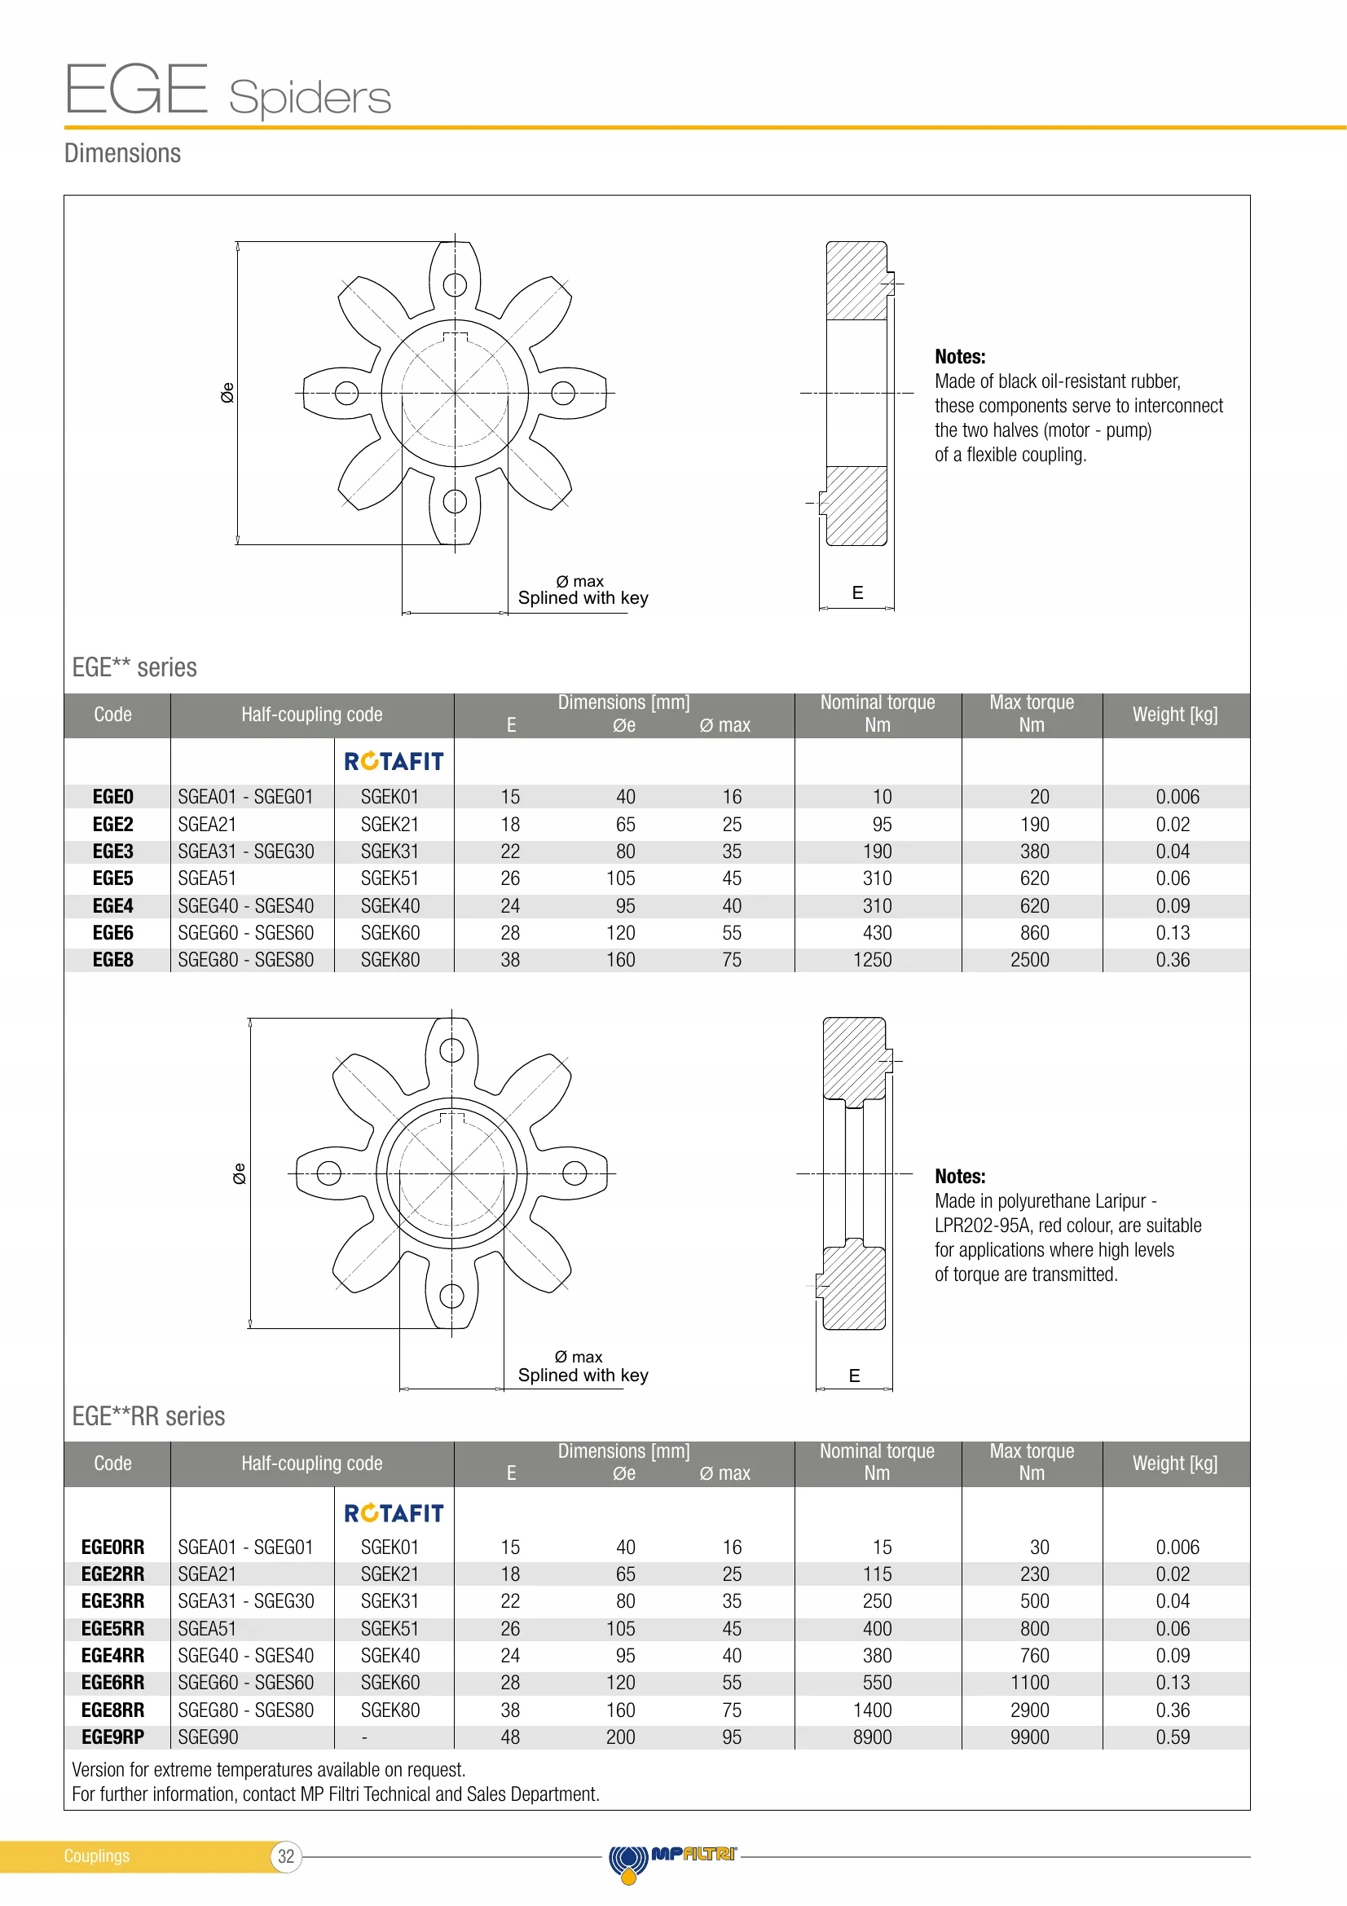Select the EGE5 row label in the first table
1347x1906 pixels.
[113, 878]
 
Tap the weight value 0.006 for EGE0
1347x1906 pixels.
[1177, 797]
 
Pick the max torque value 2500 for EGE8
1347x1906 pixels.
[1029, 960]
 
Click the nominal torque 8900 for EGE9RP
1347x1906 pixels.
[872, 1737]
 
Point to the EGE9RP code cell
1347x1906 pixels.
[113, 1737]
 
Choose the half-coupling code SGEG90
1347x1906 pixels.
[209, 1737]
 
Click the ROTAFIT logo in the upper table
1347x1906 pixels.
[394, 761]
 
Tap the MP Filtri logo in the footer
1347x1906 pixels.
[672, 1857]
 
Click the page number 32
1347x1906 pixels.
[286, 1856]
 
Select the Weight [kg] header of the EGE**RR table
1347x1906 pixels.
[1175, 1463]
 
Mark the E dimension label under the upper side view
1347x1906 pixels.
[857, 592]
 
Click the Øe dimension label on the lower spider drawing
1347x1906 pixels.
[239, 1173]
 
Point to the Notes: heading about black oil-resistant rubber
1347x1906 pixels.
[960, 357]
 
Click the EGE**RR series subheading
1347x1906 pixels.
[148, 1416]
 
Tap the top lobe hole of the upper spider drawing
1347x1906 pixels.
[455, 284]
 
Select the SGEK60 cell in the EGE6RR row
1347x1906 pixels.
[390, 1683]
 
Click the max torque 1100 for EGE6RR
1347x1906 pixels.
[1029, 1683]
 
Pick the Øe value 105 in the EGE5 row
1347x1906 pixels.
[621, 878]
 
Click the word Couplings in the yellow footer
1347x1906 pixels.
[97, 1856]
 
